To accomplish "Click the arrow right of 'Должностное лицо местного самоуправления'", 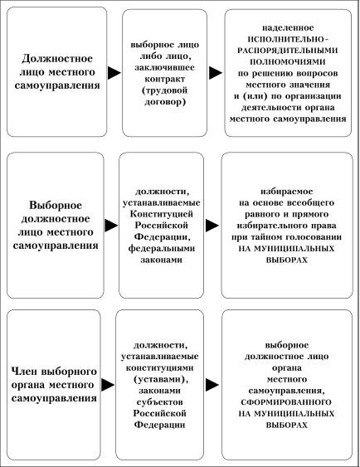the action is pos(114,73).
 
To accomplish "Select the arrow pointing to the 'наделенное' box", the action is pos(216,73).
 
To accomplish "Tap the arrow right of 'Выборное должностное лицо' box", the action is pos(111,225).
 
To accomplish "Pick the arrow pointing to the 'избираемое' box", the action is pos(212,225).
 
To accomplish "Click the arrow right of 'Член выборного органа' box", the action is pos(108,385).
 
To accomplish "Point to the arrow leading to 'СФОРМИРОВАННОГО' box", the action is pos(212,385).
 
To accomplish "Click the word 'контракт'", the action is pos(165,79).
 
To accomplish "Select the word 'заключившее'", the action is pos(165,68).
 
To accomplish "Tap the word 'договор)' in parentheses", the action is pos(165,102).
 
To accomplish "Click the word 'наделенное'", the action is pos(288,27).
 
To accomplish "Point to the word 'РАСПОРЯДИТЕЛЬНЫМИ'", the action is pos(288,51).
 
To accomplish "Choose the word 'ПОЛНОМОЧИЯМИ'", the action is pos(288,61).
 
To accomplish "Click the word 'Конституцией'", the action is pos(162,214).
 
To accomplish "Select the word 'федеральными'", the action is pos(162,248).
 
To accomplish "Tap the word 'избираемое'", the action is pos(287,192).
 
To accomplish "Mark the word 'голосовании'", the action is pos(314,237).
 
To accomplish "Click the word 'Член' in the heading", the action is pos(25,372).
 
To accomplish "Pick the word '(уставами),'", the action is pos(161,379).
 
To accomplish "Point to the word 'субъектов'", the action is pos(160,402).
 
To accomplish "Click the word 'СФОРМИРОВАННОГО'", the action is pos(286,402).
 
